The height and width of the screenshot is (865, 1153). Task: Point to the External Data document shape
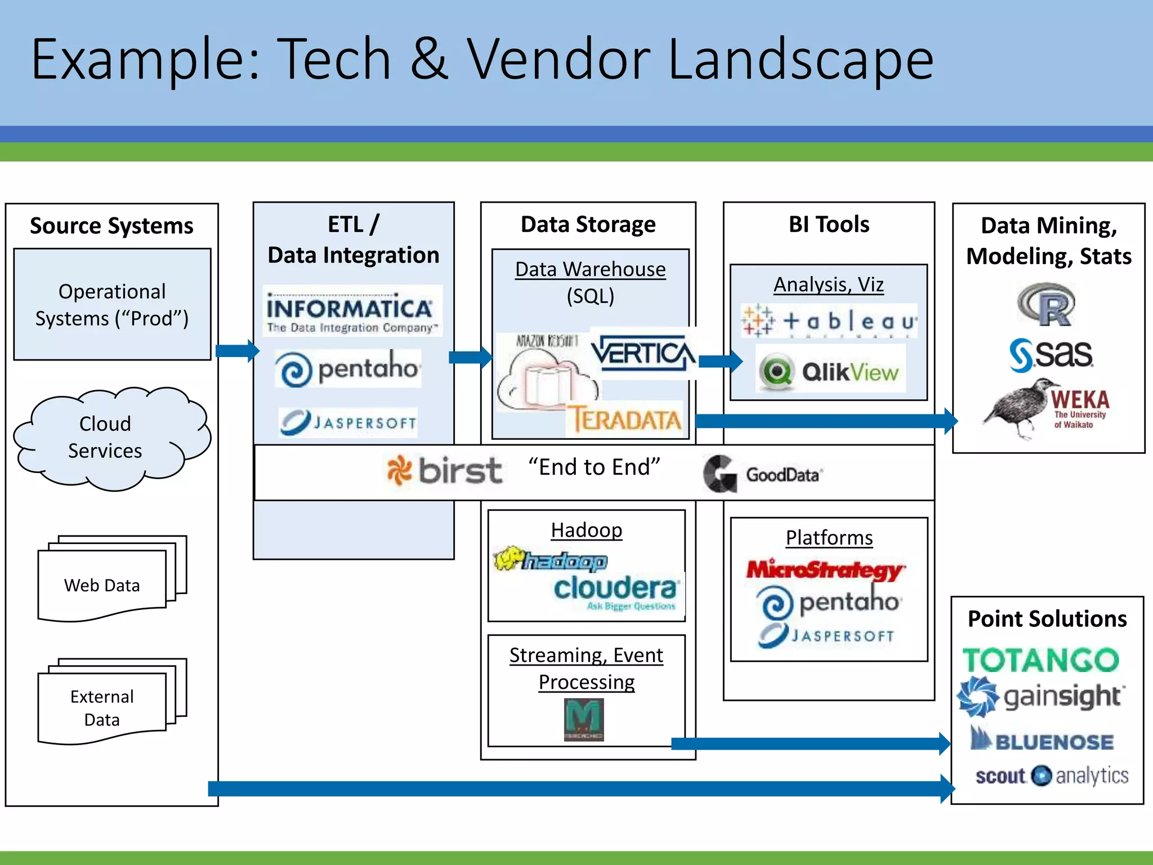(x=102, y=707)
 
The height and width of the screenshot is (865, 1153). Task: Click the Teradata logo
(x=625, y=420)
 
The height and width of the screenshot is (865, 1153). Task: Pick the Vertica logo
(x=642, y=354)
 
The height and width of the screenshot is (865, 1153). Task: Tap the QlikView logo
(x=830, y=371)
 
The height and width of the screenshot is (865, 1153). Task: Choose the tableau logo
(x=829, y=321)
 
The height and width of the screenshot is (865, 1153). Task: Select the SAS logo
(x=1051, y=355)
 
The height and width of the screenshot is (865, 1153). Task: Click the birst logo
(x=445, y=470)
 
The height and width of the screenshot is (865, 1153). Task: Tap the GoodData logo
(x=763, y=474)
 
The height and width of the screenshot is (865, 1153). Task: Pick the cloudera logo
(x=615, y=589)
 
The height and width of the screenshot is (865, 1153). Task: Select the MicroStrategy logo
(x=825, y=569)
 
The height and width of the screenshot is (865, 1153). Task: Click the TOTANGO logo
(x=1040, y=660)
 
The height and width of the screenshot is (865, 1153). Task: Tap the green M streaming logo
(x=584, y=719)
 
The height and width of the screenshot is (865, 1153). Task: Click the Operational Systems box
(x=112, y=304)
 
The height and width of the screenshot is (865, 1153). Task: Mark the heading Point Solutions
(x=1047, y=619)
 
